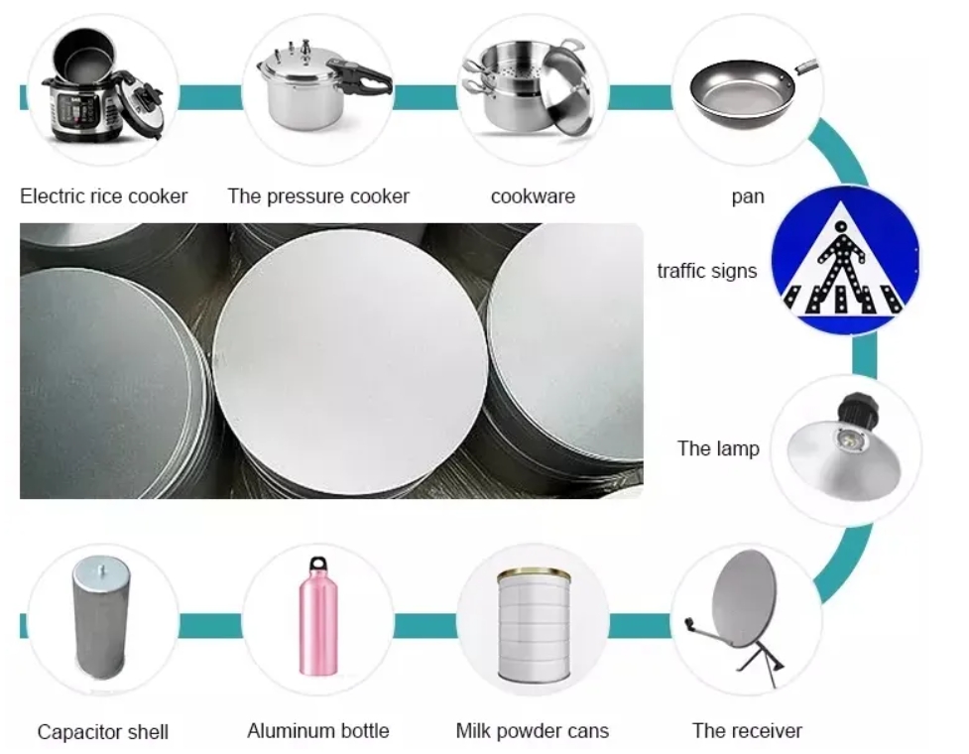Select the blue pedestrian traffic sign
845,260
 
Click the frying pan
748,91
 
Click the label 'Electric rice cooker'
103,196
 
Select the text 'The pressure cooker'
318,196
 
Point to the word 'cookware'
533,196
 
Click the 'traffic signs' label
707,271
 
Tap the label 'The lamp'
718,448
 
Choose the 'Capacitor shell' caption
102,732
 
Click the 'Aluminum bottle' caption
318,730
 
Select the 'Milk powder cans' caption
532,731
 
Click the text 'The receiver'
747,730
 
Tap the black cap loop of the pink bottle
317,564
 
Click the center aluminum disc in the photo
349,361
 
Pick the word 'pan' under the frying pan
748,197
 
